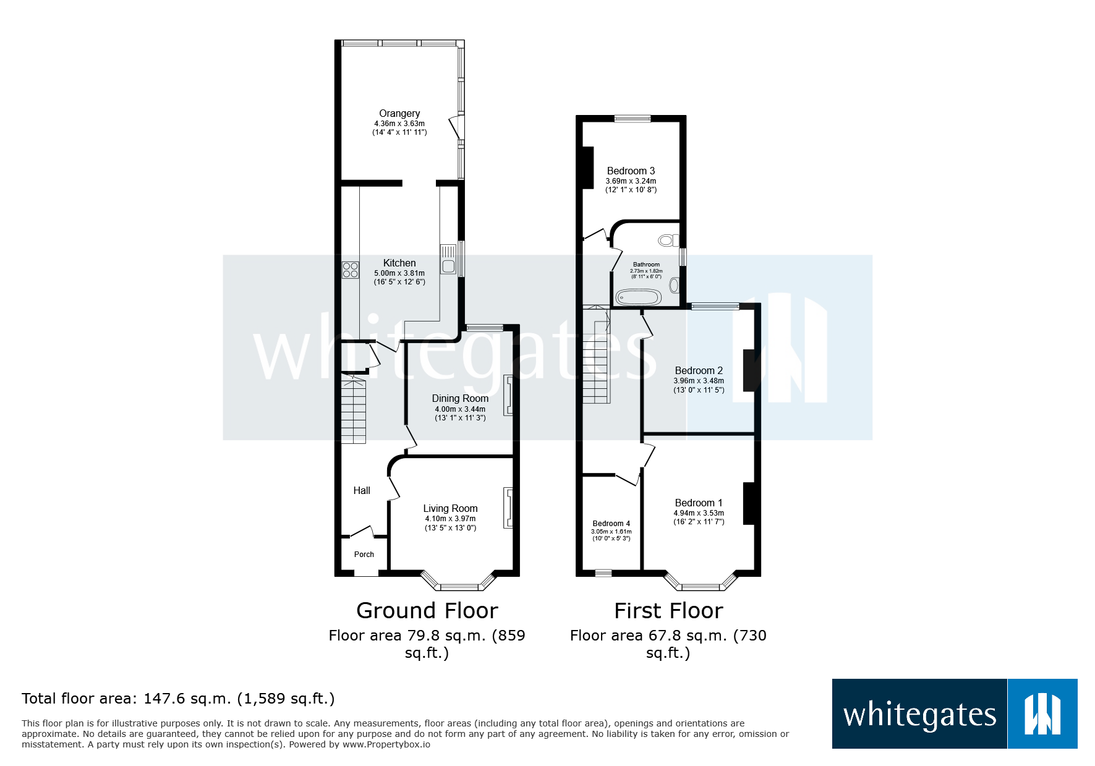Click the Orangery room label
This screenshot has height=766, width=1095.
399,114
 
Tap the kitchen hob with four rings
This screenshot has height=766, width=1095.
351,270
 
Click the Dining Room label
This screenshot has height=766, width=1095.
460,399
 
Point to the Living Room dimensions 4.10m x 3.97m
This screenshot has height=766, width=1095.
450,519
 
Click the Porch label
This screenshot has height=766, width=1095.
364,555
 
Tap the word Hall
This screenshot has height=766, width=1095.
362,491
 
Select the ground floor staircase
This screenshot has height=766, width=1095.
354,412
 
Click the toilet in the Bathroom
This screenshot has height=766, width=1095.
668,240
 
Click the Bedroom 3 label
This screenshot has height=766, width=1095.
631,171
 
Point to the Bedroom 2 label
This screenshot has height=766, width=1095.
699,371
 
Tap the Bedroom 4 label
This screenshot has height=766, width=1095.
611,524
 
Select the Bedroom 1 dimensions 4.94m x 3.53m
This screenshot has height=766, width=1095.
699,513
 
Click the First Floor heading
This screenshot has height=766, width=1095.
668,611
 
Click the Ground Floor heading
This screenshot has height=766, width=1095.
427,611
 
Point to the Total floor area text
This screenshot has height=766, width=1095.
178,699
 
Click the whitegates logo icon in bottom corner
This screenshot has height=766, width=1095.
1042,714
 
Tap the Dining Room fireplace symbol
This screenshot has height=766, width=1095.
508,395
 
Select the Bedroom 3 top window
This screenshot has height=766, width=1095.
632,119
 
